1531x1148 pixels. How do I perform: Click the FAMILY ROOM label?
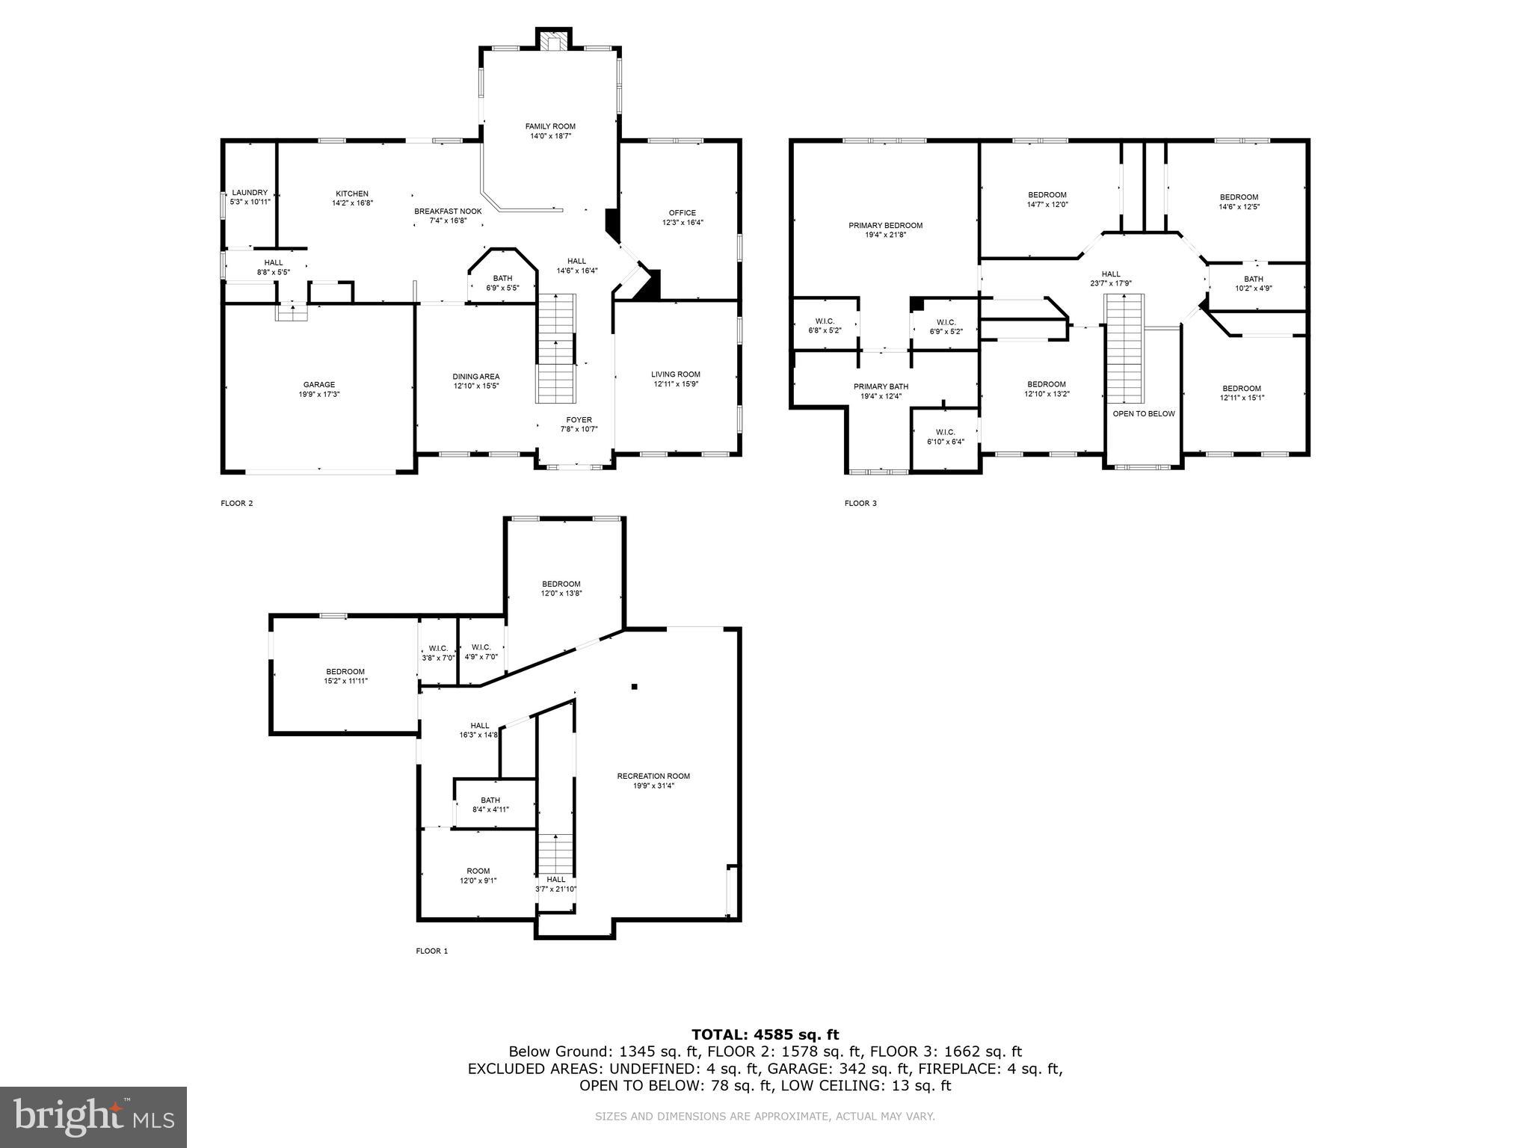(549, 126)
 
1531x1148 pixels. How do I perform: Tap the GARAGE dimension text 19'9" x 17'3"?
(318, 394)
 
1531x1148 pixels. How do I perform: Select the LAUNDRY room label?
(249, 193)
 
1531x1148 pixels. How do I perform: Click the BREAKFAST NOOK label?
(448, 212)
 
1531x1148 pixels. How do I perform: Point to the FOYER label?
(579, 420)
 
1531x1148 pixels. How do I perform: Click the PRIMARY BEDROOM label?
(885, 226)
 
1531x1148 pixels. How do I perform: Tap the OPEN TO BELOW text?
(1143, 413)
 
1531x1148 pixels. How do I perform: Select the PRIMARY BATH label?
(881, 386)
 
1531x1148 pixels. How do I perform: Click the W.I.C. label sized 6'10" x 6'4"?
(945, 432)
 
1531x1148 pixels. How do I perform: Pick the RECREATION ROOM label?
(653, 776)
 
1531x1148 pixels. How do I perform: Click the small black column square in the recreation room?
(634, 686)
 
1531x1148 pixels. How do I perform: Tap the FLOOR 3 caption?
(860, 503)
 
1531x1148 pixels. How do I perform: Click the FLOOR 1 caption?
(431, 951)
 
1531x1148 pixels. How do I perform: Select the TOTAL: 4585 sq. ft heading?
(765, 1034)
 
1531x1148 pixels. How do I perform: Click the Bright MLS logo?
(93, 1117)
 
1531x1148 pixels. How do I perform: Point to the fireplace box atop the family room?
(554, 41)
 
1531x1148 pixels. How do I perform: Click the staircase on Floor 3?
(1125, 348)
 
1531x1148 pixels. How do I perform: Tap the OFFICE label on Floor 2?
(682, 213)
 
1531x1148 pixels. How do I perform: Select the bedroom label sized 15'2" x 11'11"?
(345, 671)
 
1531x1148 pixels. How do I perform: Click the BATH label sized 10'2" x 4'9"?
(1254, 279)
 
